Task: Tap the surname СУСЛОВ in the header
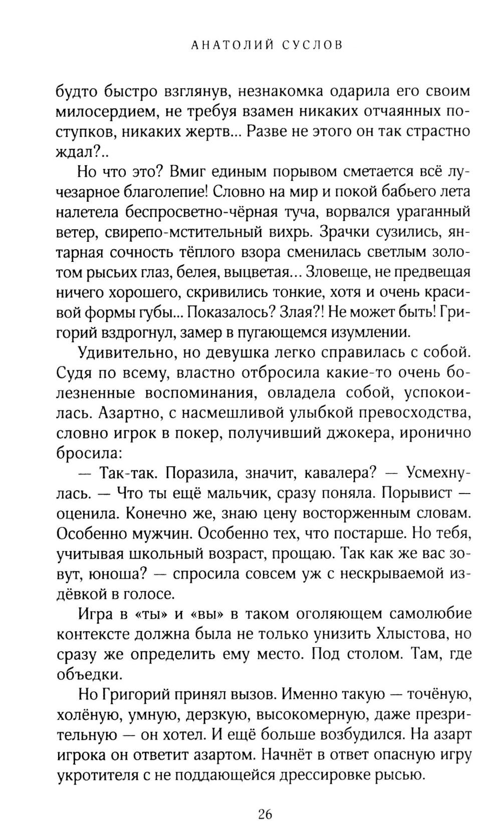click(312, 46)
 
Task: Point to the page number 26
click(265, 815)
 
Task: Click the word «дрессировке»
click(319, 775)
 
